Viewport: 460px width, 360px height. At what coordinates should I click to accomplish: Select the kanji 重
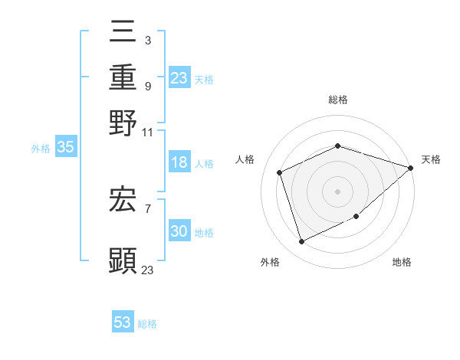pos(123,78)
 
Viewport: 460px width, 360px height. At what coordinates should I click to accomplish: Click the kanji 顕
pos(123,260)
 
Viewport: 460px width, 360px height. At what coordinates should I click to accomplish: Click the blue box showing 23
pos(179,78)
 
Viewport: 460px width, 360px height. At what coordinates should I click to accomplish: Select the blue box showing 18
pos(179,163)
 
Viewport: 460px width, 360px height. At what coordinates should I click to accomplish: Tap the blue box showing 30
pos(179,232)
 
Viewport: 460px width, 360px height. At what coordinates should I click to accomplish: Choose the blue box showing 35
pos(65,148)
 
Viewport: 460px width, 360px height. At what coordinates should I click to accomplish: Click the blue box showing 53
pos(123,322)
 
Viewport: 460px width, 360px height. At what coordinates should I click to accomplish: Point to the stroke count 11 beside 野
pos(148,132)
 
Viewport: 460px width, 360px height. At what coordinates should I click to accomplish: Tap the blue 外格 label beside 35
pos(40,149)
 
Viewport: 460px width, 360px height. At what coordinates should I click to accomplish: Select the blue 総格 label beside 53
pos(147,324)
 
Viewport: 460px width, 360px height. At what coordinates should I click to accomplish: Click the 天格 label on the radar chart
pos(431,159)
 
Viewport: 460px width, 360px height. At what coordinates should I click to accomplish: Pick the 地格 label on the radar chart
pos(402,263)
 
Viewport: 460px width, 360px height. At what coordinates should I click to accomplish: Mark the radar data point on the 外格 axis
pos(302,242)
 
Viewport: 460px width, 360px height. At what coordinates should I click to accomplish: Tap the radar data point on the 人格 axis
pos(280,172)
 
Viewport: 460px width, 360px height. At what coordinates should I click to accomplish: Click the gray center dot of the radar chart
pos(337,191)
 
